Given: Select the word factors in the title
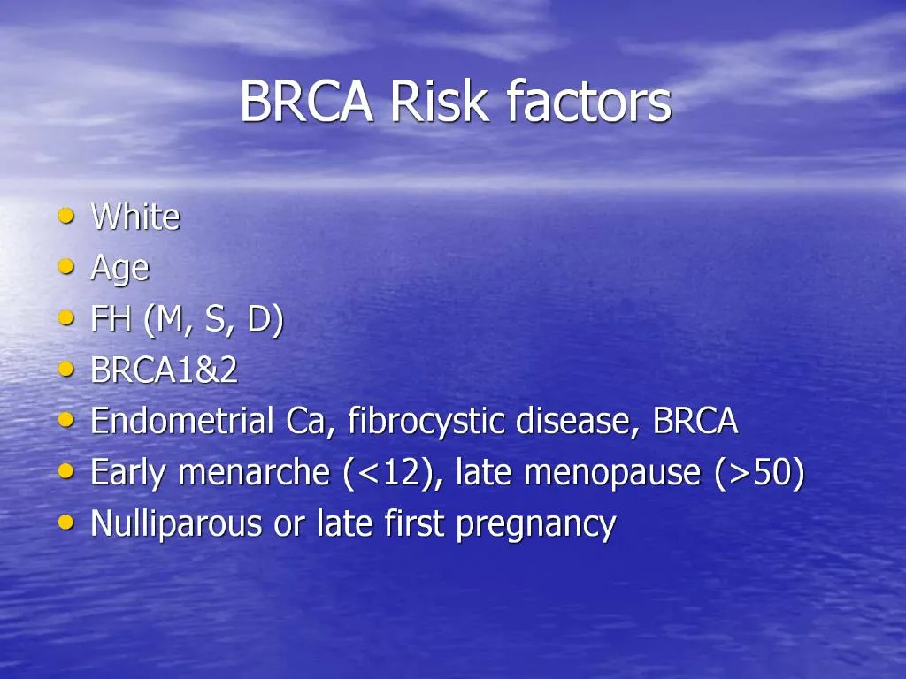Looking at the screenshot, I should (588, 102).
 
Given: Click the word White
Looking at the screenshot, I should (135, 217).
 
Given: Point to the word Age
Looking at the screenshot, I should (119, 269).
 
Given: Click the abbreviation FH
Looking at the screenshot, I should (111, 319).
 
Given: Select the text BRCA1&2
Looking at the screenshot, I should (165, 370).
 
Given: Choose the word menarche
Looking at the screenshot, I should (254, 473).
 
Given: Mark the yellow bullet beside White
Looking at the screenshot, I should (65, 215).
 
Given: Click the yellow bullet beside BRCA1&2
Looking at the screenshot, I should (65, 369).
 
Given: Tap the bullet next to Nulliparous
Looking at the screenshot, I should (65, 523).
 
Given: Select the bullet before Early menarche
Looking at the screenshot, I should (65, 471).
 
